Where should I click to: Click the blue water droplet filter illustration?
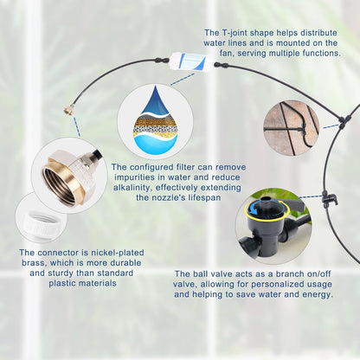[x=155, y=118]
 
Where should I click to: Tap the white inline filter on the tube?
[x=188, y=61]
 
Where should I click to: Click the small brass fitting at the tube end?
[x=65, y=112]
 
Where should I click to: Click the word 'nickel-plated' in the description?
[x=109, y=253]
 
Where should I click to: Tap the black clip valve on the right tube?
[x=328, y=201]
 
